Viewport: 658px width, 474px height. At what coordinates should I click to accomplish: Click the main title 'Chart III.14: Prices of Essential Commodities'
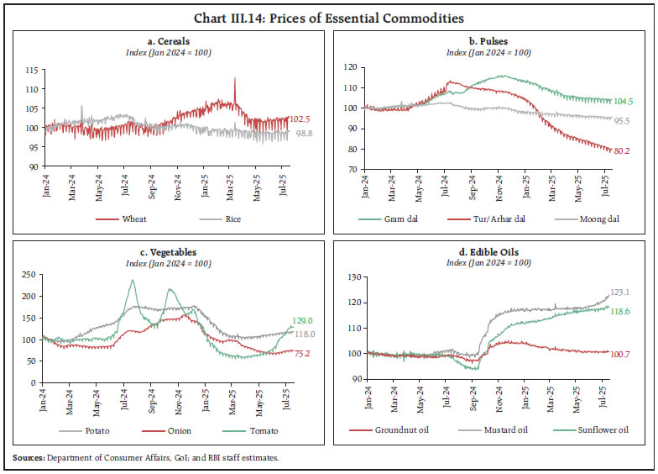pyautogui.click(x=328, y=17)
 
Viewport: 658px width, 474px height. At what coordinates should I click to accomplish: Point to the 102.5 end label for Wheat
pyautogui.click(x=301, y=119)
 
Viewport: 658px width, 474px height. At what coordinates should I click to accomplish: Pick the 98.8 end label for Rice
pyautogui.click(x=301, y=134)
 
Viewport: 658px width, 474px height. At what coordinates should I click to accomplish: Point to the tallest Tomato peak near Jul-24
pyautogui.click(x=133, y=281)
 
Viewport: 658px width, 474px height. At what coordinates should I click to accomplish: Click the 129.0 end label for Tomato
pyautogui.click(x=303, y=319)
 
